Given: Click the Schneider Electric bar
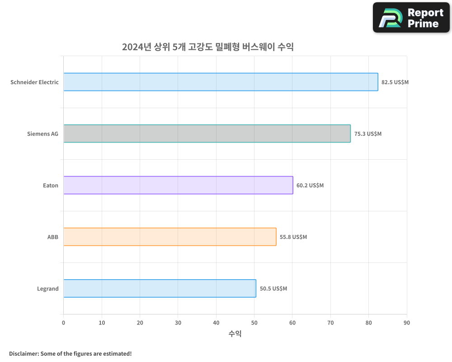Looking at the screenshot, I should pyautogui.click(x=221, y=82).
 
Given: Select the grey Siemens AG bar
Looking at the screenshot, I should pyautogui.click(x=207, y=133).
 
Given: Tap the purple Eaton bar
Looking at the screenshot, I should pyautogui.click(x=178, y=185).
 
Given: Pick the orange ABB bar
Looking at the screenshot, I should pyautogui.click(x=169, y=237).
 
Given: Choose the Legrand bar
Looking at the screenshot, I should pyautogui.click(x=160, y=288).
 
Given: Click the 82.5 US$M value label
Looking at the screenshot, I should pyautogui.click(x=395, y=82).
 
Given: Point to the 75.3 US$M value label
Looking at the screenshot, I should pyautogui.click(x=368, y=134).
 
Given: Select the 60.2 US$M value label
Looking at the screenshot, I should pyautogui.click(x=310, y=186).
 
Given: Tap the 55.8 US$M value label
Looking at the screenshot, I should pyautogui.click(x=293, y=237).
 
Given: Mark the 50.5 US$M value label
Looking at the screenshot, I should pyautogui.click(x=273, y=289).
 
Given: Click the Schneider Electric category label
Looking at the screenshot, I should pyautogui.click(x=35, y=82).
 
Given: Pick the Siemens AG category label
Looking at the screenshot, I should pyautogui.click(x=43, y=134).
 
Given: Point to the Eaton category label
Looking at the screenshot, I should pyautogui.click(x=51, y=186).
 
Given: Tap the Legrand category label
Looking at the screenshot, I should pyautogui.click(x=48, y=289).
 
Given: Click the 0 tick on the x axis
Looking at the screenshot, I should pyautogui.click(x=63, y=323).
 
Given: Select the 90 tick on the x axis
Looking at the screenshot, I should pyautogui.click(x=407, y=323).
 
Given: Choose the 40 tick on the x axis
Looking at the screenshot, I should pyautogui.click(x=216, y=323).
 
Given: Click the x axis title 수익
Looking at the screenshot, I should pyautogui.click(x=235, y=334).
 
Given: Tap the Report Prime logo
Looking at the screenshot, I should pyautogui.click(x=411, y=18).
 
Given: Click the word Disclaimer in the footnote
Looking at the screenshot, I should pyautogui.click(x=23, y=353).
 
